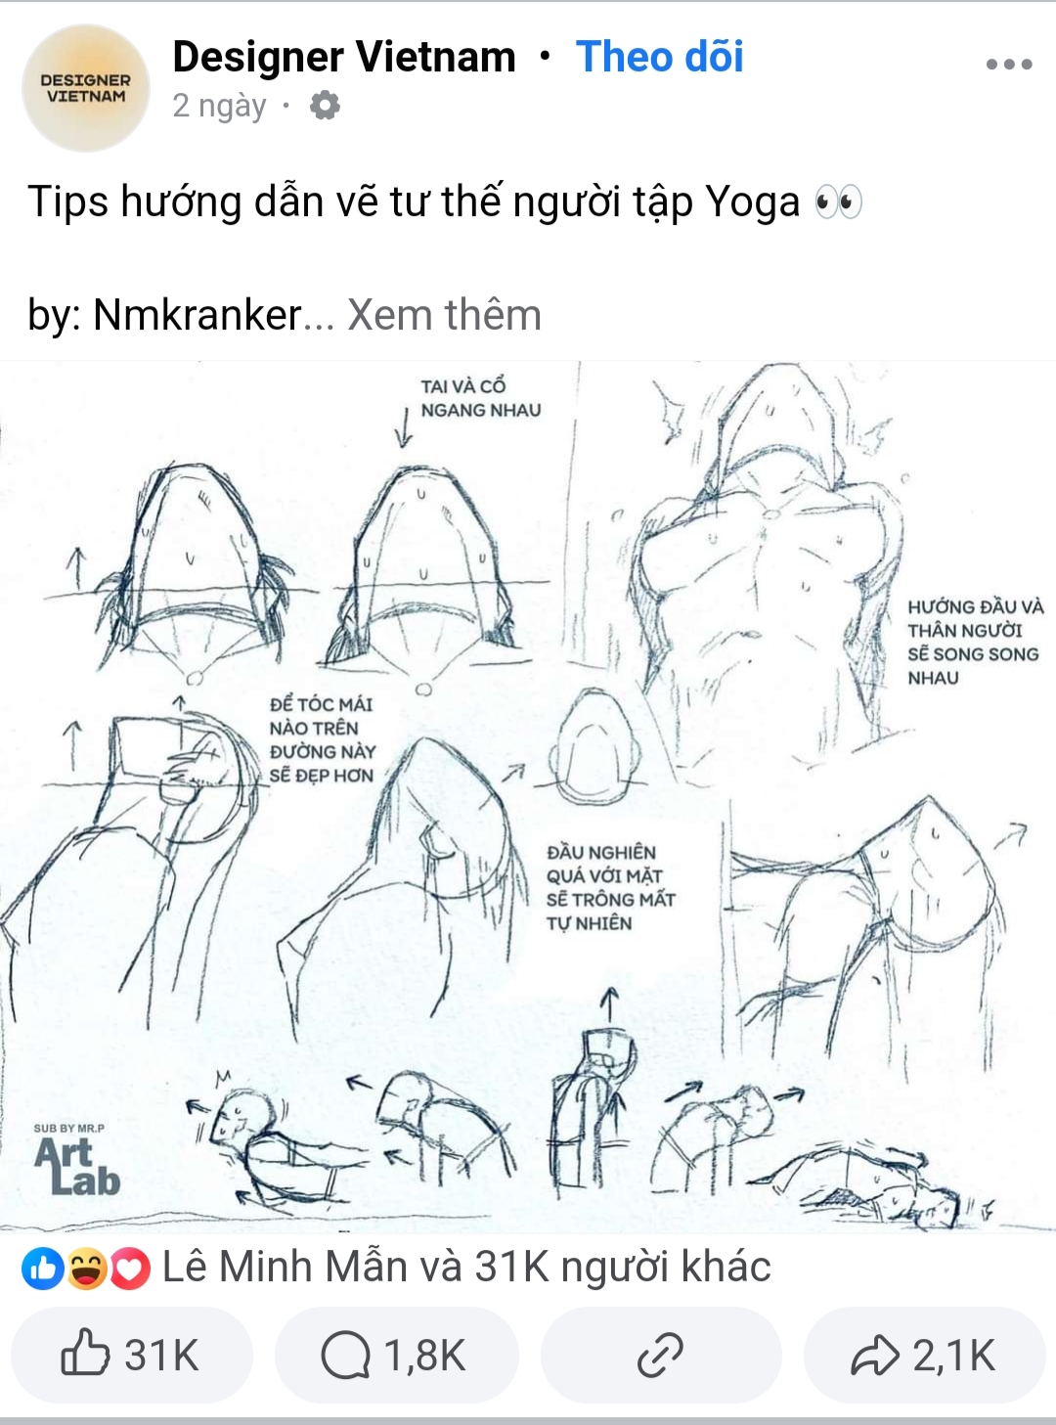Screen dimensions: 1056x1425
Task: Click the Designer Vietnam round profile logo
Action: pos(85,88)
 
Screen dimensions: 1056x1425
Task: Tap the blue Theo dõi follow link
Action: pos(660,57)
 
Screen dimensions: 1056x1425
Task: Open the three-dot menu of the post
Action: pos(1009,65)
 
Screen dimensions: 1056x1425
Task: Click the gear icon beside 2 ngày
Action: pos(325,106)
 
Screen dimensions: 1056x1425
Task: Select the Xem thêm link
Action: pos(445,315)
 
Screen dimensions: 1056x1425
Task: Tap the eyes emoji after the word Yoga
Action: pos(838,201)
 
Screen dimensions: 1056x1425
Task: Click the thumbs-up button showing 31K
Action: pos(132,1356)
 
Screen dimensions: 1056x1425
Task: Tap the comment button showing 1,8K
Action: pos(396,1356)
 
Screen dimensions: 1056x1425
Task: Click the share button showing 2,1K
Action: pos(925,1356)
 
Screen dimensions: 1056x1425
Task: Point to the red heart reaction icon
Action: pos(130,1269)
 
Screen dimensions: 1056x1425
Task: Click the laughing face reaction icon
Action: pos(87,1269)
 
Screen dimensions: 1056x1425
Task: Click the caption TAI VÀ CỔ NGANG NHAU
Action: pos(481,398)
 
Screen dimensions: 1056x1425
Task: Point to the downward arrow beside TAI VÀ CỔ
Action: pos(404,426)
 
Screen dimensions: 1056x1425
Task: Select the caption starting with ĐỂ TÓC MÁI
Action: pos(322,740)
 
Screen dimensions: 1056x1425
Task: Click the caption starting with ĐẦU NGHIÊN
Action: pos(611,888)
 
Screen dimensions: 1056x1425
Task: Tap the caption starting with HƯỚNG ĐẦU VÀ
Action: pos(975,643)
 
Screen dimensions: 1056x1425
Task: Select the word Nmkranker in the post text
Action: pos(198,315)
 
